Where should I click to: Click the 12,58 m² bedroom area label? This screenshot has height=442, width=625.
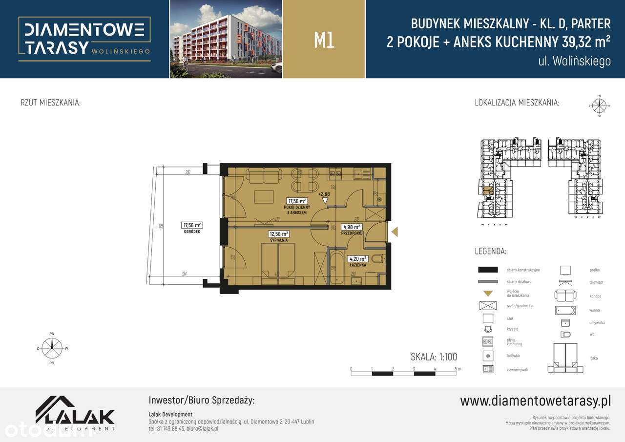pyautogui.click(x=279, y=234)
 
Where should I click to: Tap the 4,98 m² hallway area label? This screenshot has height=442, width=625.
pyautogui.click(x=352, y=227)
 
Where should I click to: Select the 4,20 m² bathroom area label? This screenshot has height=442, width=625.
pyautogui.click(x=357, y=259)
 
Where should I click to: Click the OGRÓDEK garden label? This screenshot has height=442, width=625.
pyautogui.click(x=192, y=232)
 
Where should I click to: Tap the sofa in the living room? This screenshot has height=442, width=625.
pyautogui.click(x=264, y=175)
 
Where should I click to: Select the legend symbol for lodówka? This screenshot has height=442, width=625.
pyautogui.click(x=488, y=356)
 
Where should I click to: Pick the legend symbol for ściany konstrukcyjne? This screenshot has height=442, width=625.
pyautogui.click(x=488, y=270)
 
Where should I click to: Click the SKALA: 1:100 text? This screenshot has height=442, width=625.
pyautogui.click(x=434, y=357)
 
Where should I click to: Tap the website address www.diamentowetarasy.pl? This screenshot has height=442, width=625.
pyautogui.click(x=535, y=401)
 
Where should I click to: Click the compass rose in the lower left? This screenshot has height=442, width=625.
pyautogui.click(x=52, y=348)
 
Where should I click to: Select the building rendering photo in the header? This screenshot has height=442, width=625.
pyautogui.click(x=226, y=39)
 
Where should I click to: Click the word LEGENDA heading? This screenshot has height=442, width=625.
pyautogui.click(x=490, y=252)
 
